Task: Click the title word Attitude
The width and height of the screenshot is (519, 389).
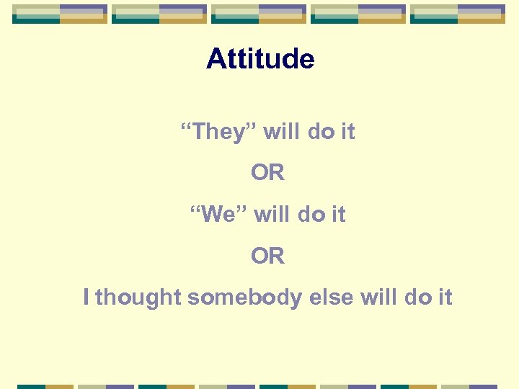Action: click(x=260, y=58)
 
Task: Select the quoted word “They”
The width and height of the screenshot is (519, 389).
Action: click(x=218, y=133)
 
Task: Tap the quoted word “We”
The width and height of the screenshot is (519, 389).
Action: click(x=217, y=215)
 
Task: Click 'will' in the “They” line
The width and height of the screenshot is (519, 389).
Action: click(x=283, y=133)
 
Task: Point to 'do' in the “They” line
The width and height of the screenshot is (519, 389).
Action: click(x=321, y=133)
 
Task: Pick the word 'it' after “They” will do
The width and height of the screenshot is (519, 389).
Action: click(x=347, y=133)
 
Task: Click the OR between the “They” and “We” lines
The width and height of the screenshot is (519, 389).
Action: click(x=268, y=174)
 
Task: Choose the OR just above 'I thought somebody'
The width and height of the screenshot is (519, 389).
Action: click(x=268, y=256)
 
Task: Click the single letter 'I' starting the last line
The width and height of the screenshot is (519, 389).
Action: click(x=86, y=297)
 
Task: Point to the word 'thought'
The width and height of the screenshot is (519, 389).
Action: click(x=138, y=297)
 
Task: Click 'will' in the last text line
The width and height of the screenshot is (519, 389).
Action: click(x=378, y=297)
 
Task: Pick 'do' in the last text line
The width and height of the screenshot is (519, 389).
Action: click(x=418, y=297)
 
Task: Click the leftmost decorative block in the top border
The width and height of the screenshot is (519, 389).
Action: click(x=60, y=14)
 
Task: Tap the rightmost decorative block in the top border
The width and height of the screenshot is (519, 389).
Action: click(x=458, y=14)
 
